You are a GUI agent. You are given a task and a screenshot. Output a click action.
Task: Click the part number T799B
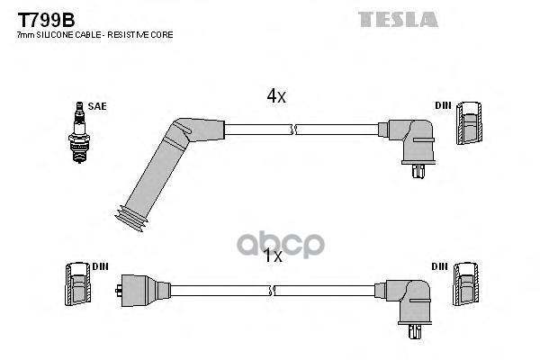coord(46,20)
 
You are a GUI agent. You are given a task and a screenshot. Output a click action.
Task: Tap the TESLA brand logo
coord(398,19)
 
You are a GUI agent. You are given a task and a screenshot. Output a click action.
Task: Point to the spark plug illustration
coord(79,132)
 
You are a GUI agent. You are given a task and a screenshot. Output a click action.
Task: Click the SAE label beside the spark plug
coord(97,106)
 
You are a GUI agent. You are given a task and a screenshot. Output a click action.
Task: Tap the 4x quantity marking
coord(276,96)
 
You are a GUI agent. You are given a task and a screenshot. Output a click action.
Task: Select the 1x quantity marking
coord(273,256)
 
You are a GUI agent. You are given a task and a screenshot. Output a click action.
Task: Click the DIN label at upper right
coord(443,105)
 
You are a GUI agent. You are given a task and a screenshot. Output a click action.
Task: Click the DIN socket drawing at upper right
coord(469,123)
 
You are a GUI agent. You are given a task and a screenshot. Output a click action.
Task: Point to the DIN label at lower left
coord(100,266)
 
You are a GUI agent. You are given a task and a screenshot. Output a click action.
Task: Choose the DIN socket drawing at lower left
coord(77,283)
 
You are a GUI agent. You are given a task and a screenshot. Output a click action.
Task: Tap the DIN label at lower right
coord(439,266)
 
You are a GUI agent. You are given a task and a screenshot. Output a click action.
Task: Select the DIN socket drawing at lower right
coord(465,284)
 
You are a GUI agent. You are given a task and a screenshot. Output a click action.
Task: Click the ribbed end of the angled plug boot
coord(131,219)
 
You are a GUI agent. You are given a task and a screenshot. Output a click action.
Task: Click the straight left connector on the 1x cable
coord(143,291)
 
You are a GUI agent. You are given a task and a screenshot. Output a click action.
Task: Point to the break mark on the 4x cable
coord(293,130)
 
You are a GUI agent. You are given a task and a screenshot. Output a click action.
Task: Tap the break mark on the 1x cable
coord(272,291)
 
